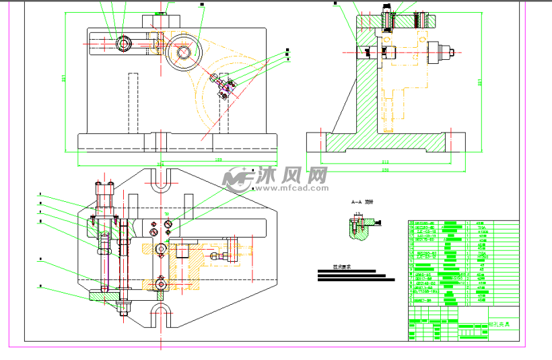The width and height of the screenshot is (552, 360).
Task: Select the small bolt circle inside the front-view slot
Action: (124, 44)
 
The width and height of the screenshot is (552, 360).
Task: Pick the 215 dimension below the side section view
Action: (385, 162)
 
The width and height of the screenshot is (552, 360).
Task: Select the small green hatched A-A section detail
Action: (358, 229)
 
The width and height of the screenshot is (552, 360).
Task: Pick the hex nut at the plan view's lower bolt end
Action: (124, 309)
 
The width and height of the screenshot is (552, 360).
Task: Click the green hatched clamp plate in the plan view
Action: (103, 295)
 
